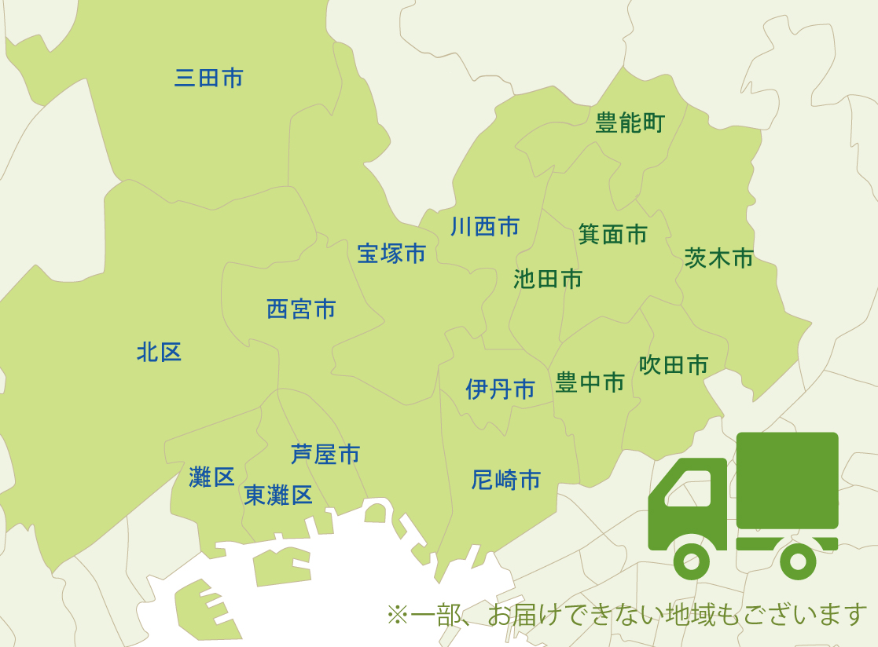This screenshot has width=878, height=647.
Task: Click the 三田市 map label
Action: pos(209,78)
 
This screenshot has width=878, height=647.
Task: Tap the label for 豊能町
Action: pos(630,123)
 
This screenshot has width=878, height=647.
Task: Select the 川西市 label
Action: pos(485,227)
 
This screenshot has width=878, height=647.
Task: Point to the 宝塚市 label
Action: pos(391,253)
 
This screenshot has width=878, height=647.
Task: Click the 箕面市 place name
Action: pos(613,234)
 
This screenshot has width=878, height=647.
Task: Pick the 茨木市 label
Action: pos(719,258)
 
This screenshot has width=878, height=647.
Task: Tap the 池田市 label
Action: pos(548,279)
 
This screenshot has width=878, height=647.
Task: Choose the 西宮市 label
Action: pos(301,309)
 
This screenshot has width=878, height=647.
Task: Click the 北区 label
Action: pos(160,353)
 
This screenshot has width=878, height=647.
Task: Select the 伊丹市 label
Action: pos(501,389)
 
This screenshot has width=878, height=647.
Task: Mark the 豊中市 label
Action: pos(590,382)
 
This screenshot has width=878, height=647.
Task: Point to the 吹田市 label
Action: pos(674,364)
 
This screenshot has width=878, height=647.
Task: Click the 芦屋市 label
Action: pos(325,454)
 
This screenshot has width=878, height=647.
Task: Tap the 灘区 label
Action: pos(212,477)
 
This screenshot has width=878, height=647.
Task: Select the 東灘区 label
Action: pos(278,495)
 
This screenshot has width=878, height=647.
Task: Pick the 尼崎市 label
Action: pos(506,480)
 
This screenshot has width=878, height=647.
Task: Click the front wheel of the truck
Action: pos(692,561)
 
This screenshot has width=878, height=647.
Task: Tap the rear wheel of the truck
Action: pos(798,561)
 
